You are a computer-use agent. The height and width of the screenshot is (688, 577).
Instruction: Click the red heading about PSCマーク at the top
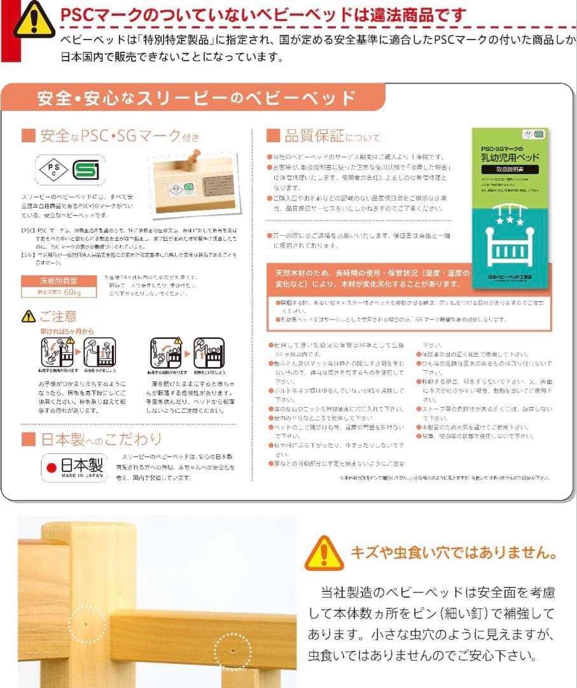coord(263,15)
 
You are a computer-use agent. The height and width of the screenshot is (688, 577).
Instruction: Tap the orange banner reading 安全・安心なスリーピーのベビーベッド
coord(196,99)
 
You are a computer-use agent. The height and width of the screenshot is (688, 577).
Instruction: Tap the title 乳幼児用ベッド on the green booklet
coord(510,157)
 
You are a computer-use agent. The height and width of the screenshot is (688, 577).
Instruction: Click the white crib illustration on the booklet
coord(510,245)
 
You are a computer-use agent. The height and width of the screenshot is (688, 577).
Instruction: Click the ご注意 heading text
coord(59,316)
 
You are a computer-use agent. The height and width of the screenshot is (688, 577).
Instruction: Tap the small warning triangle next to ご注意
coord(29,317)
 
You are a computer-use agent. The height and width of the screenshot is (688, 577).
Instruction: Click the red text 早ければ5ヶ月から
coord(67,331)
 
